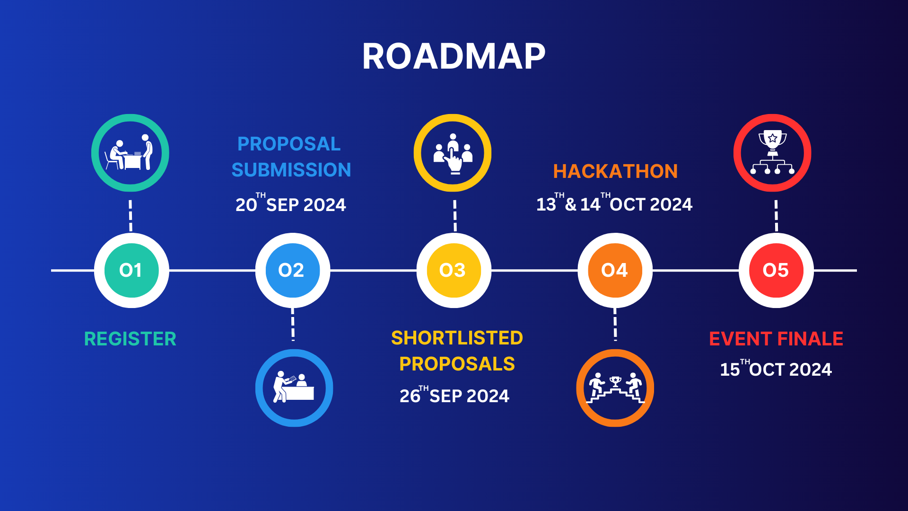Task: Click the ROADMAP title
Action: pyautogui.click(x=454, y=57)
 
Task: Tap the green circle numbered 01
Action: pyautogui.click(x=131, y=270)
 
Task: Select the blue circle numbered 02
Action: pyautogui.click(x=293, y=270)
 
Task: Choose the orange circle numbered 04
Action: pyautogui.click(x=615, y=270)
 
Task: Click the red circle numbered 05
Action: pyautogui.click(x=777, y=270)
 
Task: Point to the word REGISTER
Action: pyautogui.click(x=130, y=339)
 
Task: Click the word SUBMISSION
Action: pyautogui.click(x=291, y=170)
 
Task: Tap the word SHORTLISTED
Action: pyautogui.click(x=457, y=338)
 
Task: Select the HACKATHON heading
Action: pyautogui.click(x=615, y=171)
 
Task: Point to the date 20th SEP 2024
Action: pyautogui.click(x=291, y=203)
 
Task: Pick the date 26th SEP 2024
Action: pyautogui.click(x=454, y=395)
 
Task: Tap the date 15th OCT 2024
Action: pyautogui.click(x=776, y=368)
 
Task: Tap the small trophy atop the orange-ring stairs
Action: pyautogui.click(x=615, y=381)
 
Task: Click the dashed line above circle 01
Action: pyautogui.click(x=131, y=216)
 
